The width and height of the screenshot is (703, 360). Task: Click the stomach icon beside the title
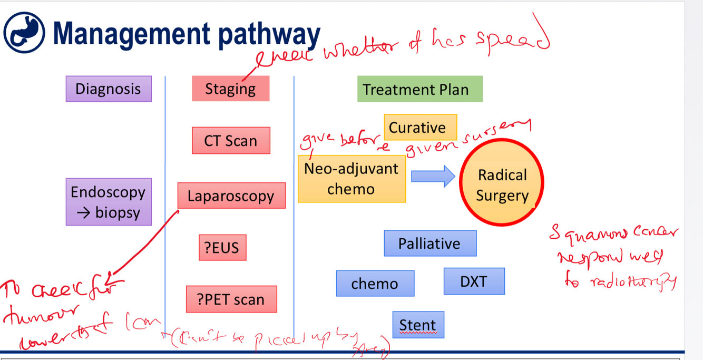click(x=24, y=33)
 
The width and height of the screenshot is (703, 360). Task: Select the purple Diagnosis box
click(x=109, y=89)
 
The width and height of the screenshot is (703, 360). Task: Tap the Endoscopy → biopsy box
click(x=108, y=202)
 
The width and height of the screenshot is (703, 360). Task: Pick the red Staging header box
click(x=230, y=89)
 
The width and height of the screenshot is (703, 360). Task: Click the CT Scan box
click(x=231, y=141)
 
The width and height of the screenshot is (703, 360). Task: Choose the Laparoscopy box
click(x=231, y=196)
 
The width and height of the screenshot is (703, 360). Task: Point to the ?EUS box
click(x=222, y=247)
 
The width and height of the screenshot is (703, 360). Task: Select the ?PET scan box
click(x=231, y=299)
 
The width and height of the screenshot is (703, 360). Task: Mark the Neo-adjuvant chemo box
click(x=351, y=179)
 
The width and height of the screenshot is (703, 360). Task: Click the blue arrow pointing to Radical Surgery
click(x=433, y=176)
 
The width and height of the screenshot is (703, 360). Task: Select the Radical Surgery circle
click(x=502, y=183)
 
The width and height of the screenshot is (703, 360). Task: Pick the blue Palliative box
click(x=429, y=244)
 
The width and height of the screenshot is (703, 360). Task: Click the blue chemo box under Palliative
click(x=375, y=284)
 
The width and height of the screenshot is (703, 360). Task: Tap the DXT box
click(x=474, y=281)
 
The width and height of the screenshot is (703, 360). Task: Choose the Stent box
click(x=418, y=325)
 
